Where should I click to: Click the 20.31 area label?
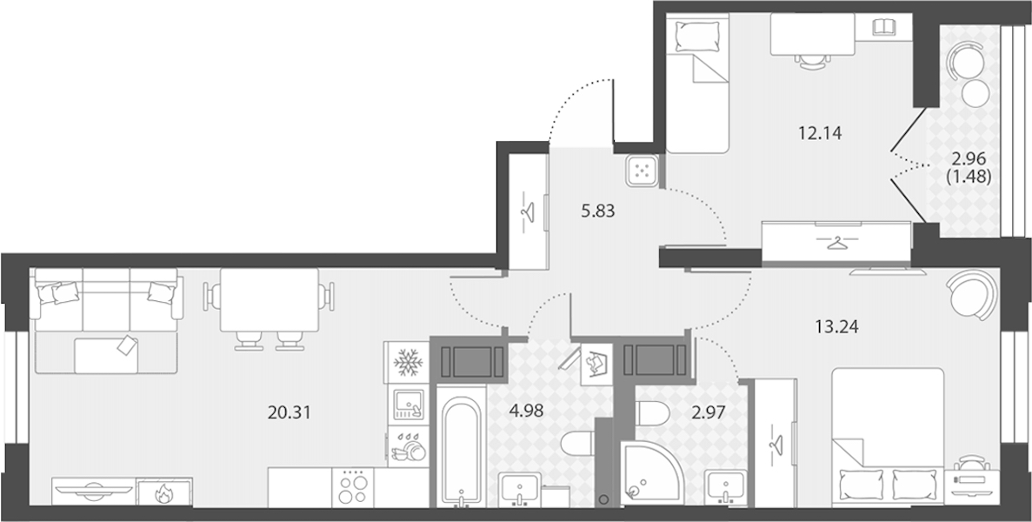(x=289, y=412)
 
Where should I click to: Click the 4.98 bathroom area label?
(x=529, y=412)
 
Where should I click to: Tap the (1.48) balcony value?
(x=968, y=176)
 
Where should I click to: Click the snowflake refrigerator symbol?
(x=406, y=362)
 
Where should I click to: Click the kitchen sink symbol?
(x=407, y=405)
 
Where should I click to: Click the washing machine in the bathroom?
(x=597, y=364)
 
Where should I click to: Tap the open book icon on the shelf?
(x=884, y=27)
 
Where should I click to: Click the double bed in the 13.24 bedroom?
(x=888, y=438)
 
